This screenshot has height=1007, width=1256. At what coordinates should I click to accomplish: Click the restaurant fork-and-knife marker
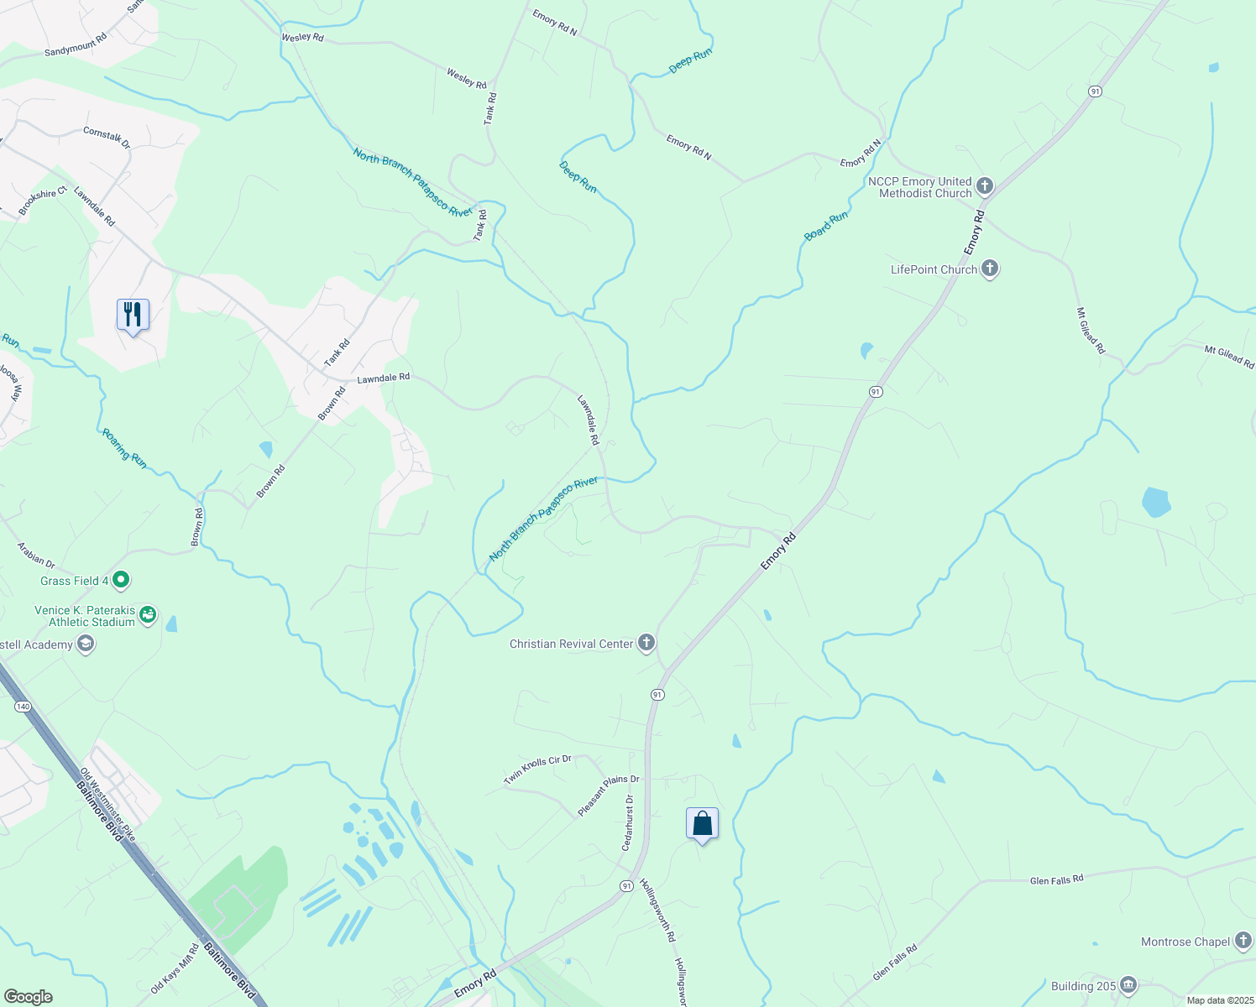click(x=133, y=316)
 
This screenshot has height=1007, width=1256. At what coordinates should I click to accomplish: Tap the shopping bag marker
click(x=702, y=824)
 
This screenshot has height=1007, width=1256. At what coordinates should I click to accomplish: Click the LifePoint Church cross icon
click(x=990, y=269)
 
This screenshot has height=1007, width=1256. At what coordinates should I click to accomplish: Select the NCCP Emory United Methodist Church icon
click(x=985, y=186)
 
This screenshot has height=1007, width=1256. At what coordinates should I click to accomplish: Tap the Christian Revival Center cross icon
click(x=646, y=644)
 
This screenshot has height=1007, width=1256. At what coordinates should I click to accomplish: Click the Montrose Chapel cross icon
click(x=1243, y=942)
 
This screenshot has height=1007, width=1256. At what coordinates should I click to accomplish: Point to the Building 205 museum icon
click(x=1128, y=985)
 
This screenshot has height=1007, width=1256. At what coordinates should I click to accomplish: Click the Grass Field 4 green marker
click(x=121, y=580)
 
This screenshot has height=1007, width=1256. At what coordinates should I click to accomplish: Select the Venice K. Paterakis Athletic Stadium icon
click(x=148, y=616)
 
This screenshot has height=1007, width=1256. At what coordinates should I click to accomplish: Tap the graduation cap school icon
click(x=85, y=644)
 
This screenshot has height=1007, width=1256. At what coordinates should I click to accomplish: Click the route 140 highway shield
click(x=23, y=707)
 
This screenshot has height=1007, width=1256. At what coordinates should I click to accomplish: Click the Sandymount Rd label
click(x=76, y=46)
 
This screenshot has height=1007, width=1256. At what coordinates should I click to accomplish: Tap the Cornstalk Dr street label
click(x=107, y=138)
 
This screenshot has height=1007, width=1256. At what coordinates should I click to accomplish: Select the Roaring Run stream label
click(x=124, y=449)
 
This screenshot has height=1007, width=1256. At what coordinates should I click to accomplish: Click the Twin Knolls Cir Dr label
click(x=537, y=770)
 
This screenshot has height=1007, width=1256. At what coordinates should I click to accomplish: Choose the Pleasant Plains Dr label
click(x=608, y=794)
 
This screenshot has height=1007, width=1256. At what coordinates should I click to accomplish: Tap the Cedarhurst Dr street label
click(x=627, y=823)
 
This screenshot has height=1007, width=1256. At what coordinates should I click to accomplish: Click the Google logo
click(x=28, y=997)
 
